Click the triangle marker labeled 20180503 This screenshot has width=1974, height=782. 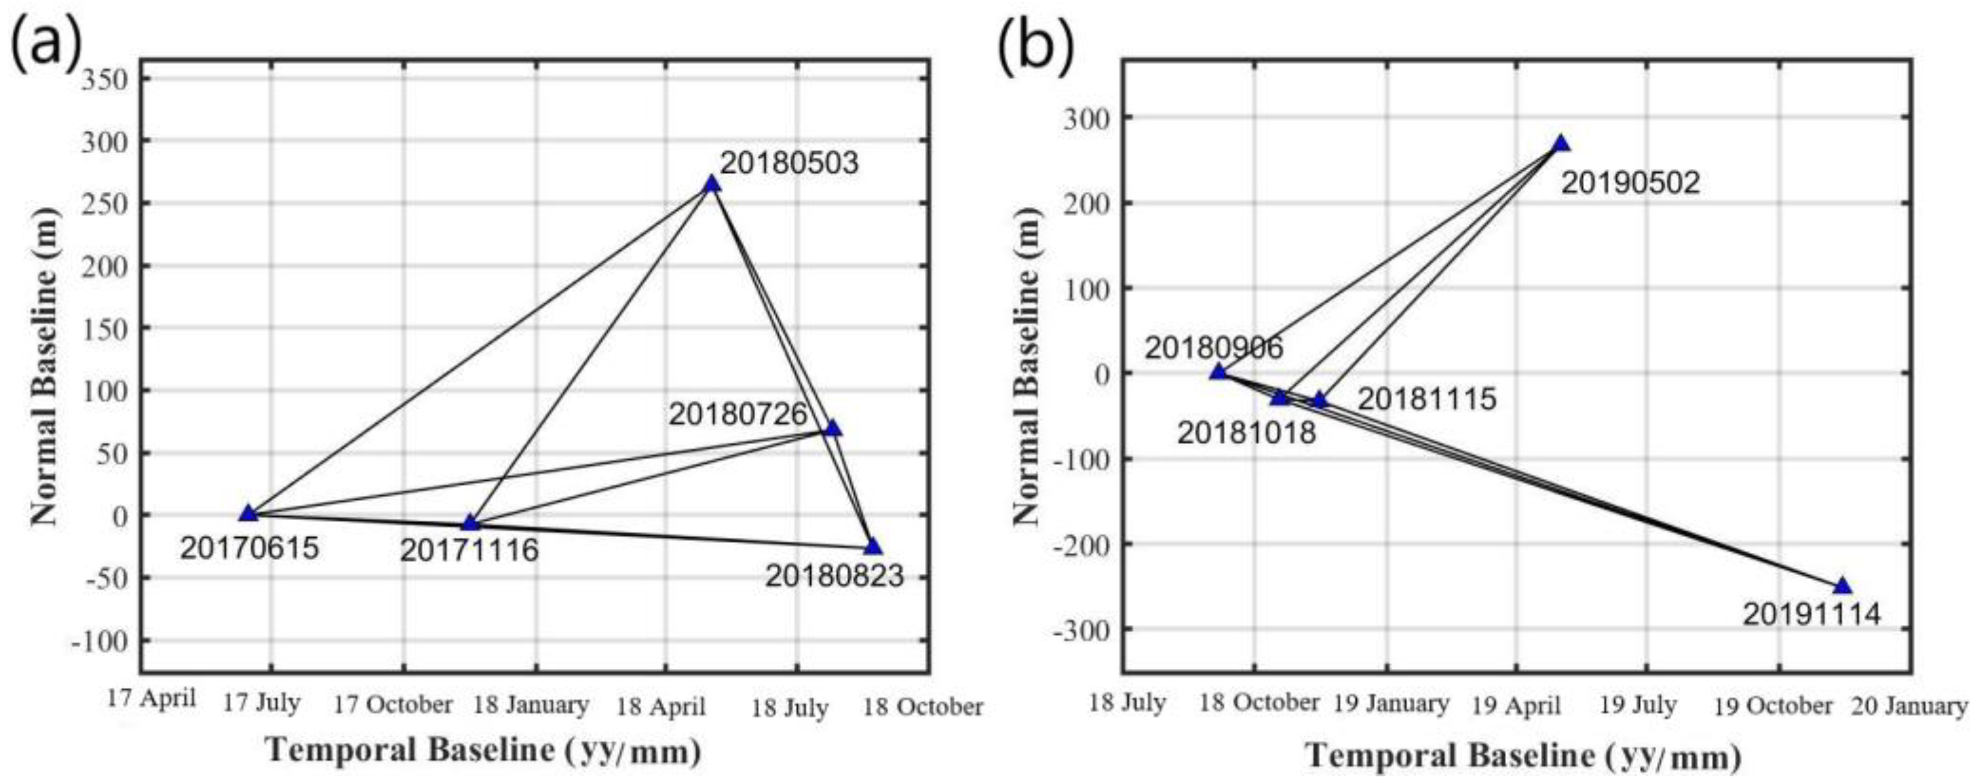tap(711, 184)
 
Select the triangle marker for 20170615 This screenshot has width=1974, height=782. tap(248, 513)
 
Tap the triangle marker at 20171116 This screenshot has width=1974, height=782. tap(470, 523)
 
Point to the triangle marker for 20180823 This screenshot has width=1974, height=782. tap(872, 546)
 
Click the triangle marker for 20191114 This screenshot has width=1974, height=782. tap(1842, 586)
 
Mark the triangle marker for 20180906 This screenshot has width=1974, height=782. tap(1219, 372)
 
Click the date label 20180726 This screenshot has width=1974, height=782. tap(738, 414)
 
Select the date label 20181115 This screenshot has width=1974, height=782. tap(1427, 399)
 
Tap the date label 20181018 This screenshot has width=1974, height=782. tap(1246, 433)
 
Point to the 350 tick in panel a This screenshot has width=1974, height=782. tap(106, 80)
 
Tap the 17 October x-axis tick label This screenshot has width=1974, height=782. tap(393, 705)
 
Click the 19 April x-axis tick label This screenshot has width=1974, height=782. tap(1516, 705)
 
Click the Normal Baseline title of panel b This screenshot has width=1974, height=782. tap(1027, 368)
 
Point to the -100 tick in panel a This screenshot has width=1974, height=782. tap(101, 640)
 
